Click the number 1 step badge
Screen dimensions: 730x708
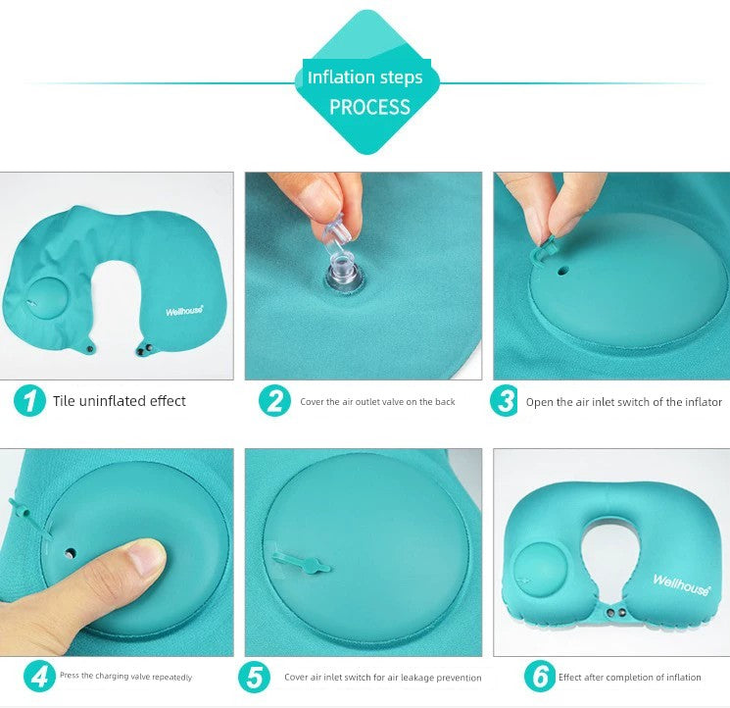[x=29, y=400]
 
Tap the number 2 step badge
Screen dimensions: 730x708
[x=274, y=400]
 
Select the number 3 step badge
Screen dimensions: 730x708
[x=505, y=400]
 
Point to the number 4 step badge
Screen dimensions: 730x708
[x=39, y=677]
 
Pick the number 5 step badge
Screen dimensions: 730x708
[x=254, y=678]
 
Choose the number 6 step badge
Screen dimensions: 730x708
[x=540, y=677]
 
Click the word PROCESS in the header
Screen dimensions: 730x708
[x=369, y=107]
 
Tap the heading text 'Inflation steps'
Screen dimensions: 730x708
[x=365, y=77]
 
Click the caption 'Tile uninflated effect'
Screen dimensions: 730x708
[x=120, y=401]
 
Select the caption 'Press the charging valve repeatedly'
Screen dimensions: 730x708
[x=125, y=677]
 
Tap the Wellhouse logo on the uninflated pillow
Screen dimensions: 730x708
[x=184, y=310]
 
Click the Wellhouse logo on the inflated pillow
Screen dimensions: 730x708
[x=682, y=584]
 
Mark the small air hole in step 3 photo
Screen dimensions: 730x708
[x=563, y=271]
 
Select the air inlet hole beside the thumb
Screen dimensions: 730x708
[x=71, y=554]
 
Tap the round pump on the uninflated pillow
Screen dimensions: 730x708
[x=47, y=298]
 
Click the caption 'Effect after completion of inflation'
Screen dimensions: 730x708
[x=630, y=678]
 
